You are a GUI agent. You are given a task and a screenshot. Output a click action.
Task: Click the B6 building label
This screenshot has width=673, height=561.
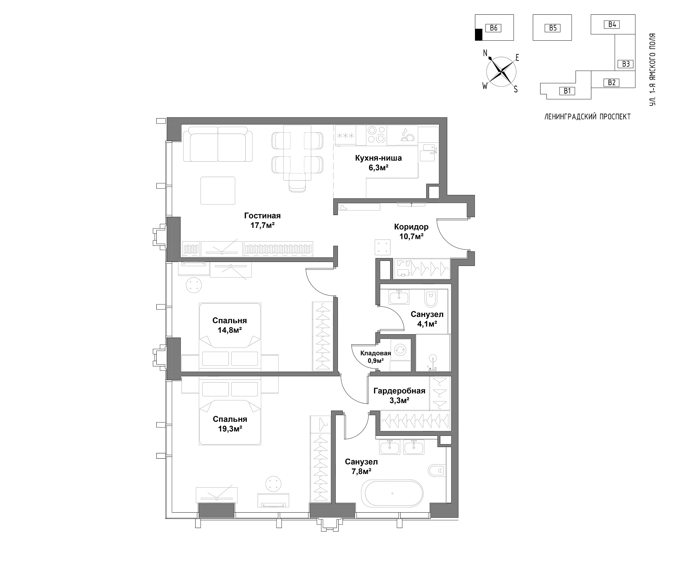pos(494,28)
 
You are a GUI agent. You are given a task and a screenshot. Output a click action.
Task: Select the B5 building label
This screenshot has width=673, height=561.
pos(553,28)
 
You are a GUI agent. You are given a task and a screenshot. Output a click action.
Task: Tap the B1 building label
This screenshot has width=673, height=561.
pos(567,91)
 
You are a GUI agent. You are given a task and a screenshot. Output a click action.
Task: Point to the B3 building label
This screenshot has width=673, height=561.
pos(626,64)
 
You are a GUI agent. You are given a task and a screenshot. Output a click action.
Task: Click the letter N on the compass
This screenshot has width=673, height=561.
pos(485,53)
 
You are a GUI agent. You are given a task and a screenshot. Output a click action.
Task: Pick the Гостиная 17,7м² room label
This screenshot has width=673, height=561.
pos(263,221)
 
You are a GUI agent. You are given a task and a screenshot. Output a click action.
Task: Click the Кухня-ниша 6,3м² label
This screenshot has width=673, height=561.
pos(378,163)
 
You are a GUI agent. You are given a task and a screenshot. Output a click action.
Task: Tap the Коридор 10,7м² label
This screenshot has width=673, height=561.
pos(411,231)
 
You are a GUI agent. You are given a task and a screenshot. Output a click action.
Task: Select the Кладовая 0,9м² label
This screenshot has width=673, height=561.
pos(375,357)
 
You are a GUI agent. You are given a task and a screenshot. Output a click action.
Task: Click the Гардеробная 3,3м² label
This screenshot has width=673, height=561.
pos(399,395)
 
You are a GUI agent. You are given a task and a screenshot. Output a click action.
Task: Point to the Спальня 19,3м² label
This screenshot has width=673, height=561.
pos(230,424)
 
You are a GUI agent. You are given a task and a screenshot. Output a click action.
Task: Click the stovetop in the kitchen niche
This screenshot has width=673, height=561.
pos(376,135)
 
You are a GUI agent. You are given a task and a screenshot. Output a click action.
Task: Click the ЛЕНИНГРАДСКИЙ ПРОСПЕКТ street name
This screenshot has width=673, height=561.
pos(587,117)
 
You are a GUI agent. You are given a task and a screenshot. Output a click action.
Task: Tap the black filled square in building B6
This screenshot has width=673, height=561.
pos(478,34)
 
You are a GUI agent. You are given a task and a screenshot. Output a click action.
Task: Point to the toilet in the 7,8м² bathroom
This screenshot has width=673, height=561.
pos(437,470)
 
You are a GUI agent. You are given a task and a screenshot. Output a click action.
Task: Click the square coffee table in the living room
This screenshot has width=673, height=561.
pos(218,190)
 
